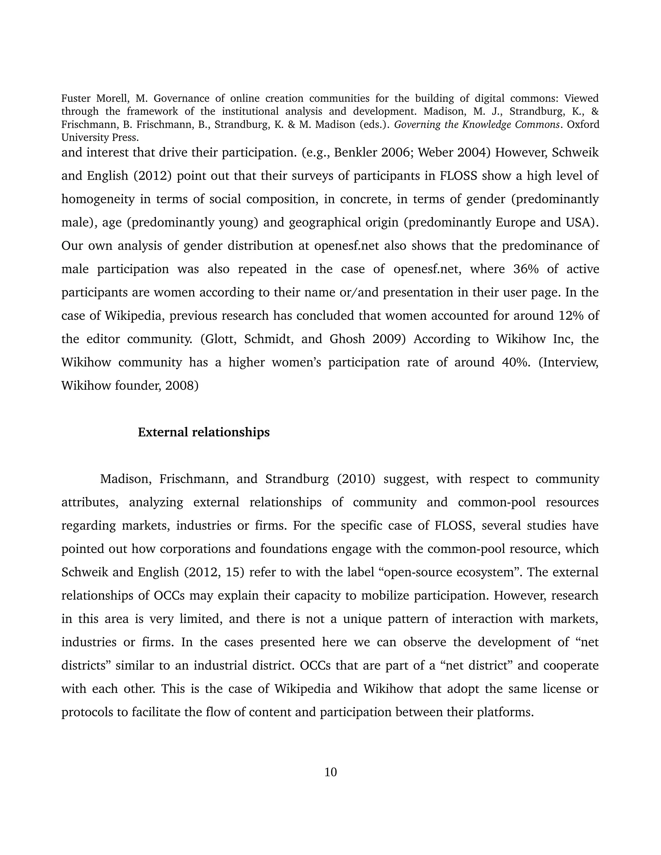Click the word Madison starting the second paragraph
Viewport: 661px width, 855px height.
tap(125, 479)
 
